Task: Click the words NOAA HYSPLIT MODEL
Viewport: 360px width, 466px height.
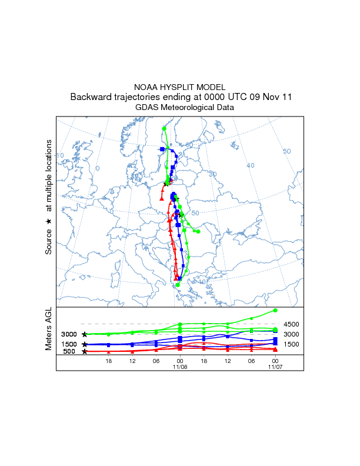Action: tap(179, 87)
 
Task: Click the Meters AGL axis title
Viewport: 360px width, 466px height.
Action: tap(49, 329)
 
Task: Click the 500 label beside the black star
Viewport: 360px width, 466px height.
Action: tap(69, 352)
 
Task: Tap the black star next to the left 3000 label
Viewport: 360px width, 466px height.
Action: tap(85, 334)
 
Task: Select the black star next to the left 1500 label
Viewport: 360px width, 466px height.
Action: tap(85, 344)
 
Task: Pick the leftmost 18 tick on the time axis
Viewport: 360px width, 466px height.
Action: tap(109, 361)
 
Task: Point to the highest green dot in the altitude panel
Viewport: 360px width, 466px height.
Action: tap(275, 310)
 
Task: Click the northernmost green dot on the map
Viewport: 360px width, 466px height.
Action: tap(164, 128)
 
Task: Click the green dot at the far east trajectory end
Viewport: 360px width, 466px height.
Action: tap(198, 231)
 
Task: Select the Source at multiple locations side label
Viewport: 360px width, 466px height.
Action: tap(49, 197)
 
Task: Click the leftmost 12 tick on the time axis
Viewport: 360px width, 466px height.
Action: tap(132, 361)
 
